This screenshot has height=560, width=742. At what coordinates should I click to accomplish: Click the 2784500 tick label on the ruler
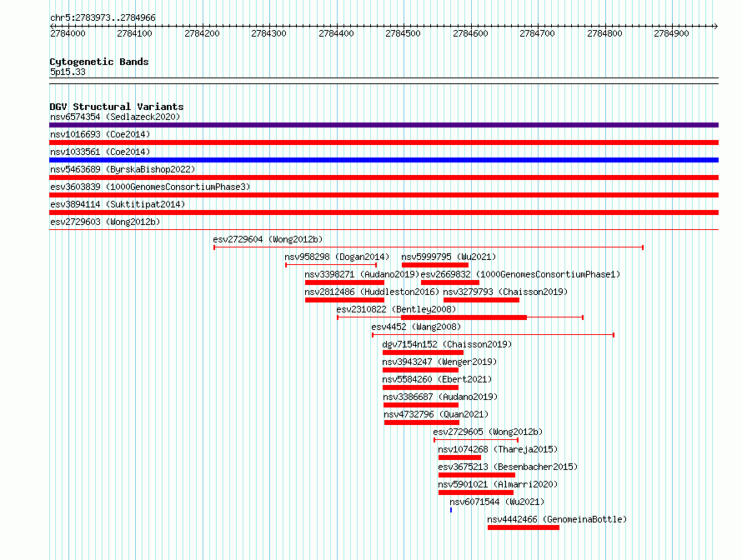[x=403, y=33]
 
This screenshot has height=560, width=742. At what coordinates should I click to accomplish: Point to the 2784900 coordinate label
[x=671, y=33]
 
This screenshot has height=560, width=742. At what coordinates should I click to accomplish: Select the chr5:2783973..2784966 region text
[x=103, y=17]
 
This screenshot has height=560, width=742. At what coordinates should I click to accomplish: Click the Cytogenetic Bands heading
[x=99, y=62]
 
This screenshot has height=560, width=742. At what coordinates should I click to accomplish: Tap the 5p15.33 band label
[x=68, y=72]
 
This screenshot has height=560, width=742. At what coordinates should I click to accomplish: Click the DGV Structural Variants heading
[x=117, y=107]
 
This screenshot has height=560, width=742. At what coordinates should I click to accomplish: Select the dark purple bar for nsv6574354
[x=384, y=125]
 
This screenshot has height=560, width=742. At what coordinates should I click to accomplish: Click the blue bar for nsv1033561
[x=384, y=160]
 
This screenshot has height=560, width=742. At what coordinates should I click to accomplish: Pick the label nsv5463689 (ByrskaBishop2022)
[x=123, y=169]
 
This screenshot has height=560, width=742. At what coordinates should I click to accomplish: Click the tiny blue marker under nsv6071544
[x=451, y=510]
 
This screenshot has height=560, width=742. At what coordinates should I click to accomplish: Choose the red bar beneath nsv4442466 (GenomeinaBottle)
[x=524, y=527]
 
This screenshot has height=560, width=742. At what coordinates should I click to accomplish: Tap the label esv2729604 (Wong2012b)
[x=268, y=239]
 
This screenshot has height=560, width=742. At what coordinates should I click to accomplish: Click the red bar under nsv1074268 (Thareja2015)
[x=459, y=457]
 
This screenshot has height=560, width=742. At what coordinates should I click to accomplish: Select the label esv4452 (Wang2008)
[x=416, y=327]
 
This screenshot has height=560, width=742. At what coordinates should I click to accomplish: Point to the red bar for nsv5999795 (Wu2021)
[x=435, y=265]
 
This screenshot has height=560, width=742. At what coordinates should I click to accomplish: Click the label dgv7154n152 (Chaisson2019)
[x=447, y=344]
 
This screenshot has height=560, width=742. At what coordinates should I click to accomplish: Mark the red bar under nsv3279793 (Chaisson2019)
[x=481, y=300]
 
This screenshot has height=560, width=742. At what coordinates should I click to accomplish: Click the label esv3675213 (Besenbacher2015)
[x=508, y=467]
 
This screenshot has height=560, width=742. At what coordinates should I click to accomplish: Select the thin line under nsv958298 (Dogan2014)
[x=331, y=265]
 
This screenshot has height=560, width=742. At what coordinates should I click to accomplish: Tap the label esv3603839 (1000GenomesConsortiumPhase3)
[x=150, y=187]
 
